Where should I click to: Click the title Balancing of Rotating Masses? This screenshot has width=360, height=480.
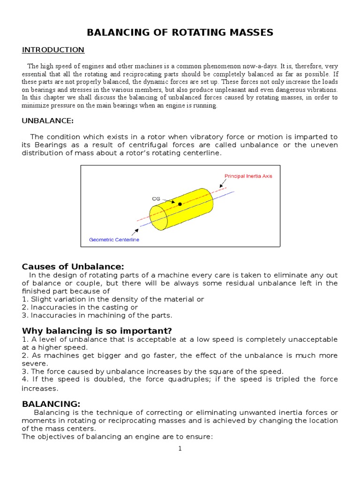coord(180,32)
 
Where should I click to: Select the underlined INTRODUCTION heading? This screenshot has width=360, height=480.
coord(53,50)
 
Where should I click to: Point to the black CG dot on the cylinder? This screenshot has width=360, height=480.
coord(180,204)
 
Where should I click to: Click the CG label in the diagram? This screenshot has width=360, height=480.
coord(156,198)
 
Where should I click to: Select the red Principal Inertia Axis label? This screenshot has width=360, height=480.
coord(248,176)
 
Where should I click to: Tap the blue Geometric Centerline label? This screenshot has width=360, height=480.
coord(114,240)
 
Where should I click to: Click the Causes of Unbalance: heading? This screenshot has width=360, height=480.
coord(73,267)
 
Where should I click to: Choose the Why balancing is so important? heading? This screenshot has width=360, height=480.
coord(97,330)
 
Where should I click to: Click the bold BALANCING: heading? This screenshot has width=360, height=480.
coord(51,404)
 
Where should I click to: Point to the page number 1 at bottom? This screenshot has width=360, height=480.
coord(180,449)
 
